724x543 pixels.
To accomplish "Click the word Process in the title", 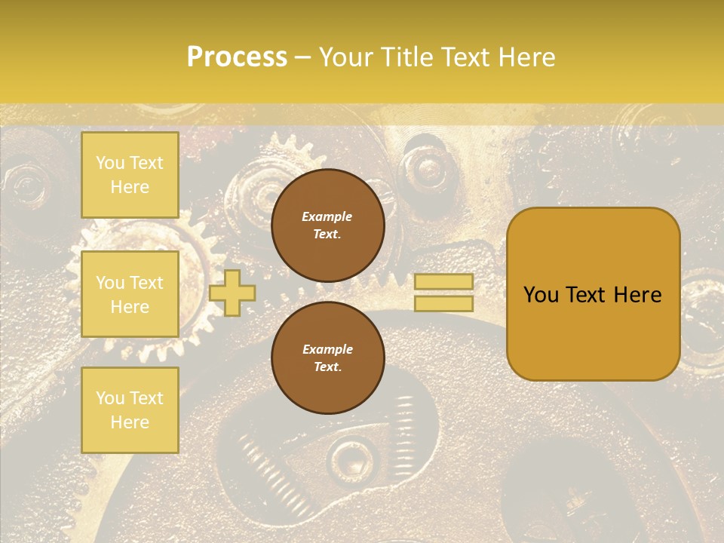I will (x=237, y=57).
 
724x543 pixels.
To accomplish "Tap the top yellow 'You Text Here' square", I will (x=130, y=175).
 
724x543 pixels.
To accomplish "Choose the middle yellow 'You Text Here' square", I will (x=130, y=294).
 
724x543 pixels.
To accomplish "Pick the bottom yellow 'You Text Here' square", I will (x=130, y=410).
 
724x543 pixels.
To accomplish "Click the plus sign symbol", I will (x=232, y=293).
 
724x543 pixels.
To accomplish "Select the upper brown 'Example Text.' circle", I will (x=327, y=225).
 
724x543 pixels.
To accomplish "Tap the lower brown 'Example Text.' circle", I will (x=327, y=358).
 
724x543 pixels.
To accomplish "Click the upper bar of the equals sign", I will (x=443, y=282).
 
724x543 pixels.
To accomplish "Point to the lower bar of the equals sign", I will (x=443, y=304).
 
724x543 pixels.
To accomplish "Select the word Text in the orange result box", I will (x=591, y=295).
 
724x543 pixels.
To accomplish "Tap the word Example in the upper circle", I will (x=327, y=216).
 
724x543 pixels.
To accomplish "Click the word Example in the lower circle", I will (x=327, y=349).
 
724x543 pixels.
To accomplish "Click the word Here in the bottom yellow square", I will (x=130, y=422).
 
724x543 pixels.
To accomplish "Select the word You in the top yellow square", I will (x=111, y=163).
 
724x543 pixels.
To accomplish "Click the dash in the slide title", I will (x=303, y=57).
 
